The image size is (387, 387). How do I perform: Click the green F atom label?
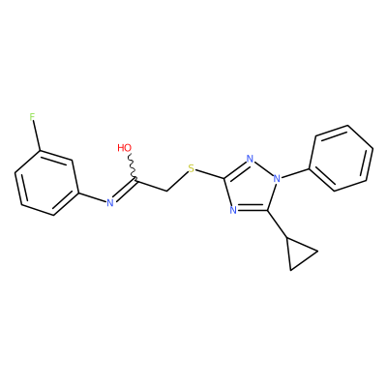32,117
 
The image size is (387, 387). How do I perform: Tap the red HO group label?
125,148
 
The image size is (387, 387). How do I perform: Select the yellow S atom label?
192,168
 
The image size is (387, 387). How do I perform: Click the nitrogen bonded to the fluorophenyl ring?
110,202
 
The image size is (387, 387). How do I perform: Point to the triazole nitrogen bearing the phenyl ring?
277,178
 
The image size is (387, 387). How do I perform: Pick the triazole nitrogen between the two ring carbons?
233,210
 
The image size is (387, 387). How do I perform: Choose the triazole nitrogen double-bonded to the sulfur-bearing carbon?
250,159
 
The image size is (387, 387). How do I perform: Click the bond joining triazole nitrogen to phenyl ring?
295,173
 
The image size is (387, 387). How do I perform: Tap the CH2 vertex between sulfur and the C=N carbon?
167,191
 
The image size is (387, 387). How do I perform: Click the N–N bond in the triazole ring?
263,168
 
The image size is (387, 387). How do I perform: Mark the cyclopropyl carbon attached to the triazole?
287,239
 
